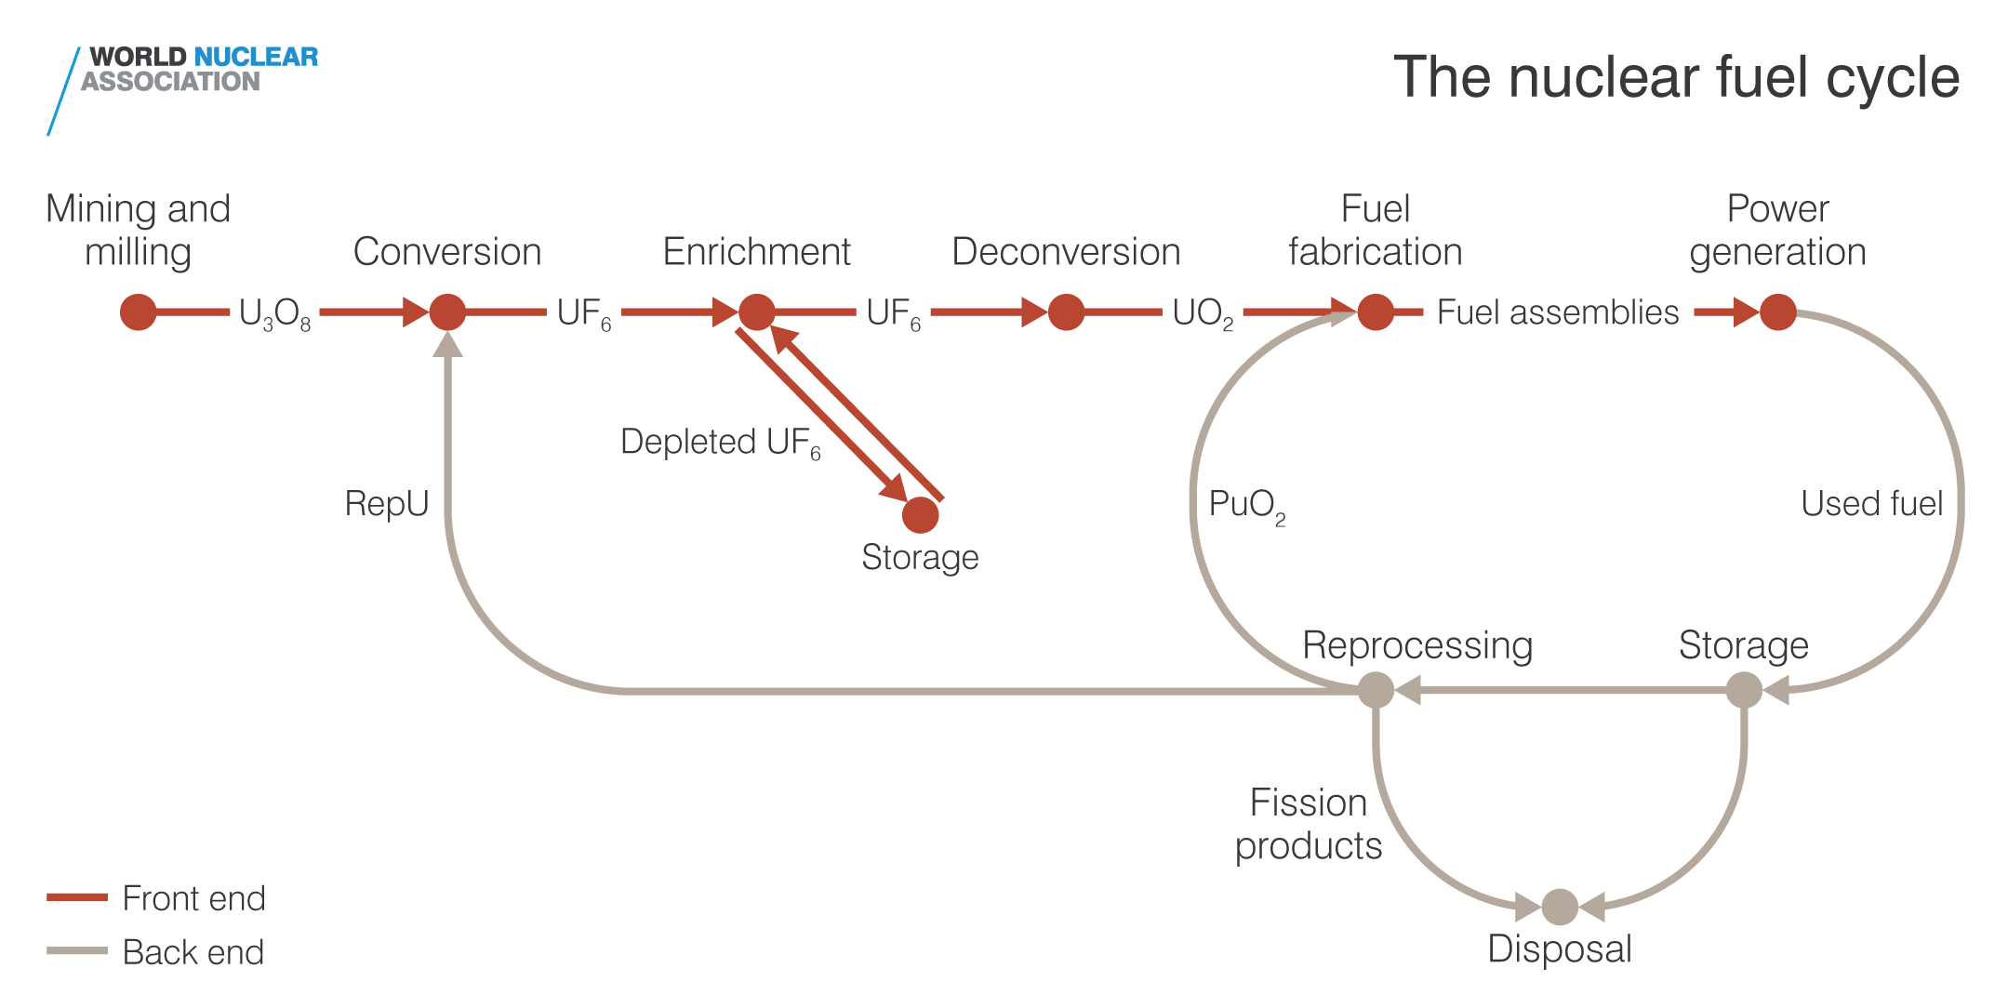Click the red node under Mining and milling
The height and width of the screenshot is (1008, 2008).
click(138, 312)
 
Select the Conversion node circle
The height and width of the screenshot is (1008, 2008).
click(447, 312)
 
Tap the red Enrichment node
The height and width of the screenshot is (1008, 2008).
click(757, 312)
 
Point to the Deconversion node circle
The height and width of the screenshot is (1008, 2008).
click(1066, 312)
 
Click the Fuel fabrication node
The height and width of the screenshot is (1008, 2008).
click(1376, 312)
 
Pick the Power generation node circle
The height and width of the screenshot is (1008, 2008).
click(1777, 312)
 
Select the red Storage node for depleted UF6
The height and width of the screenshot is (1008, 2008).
click(921, 514)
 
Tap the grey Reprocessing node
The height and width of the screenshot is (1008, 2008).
click(1376, 690)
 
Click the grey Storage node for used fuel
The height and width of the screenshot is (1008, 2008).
click(1744, 690)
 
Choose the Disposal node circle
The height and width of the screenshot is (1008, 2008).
click(1560, 907)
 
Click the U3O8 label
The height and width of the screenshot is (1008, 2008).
click(274, 314)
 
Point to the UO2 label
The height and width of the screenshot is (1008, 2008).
click(1202, 314)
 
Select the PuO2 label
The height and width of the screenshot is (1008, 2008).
click(1246, 506)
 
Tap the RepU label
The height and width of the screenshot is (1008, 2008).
click(386, 503)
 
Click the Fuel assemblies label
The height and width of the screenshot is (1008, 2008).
click(1558, 312)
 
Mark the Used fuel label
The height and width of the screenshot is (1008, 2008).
click(1871, 503)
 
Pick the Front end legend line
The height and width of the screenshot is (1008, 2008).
click(77, 897)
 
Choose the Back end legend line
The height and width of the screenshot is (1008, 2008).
click(77, 950)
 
